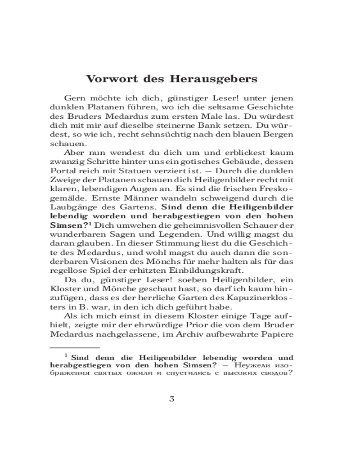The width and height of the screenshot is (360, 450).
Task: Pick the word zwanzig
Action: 65,162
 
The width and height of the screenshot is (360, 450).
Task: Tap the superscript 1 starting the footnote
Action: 66,355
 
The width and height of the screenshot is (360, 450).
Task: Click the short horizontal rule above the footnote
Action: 74,347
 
